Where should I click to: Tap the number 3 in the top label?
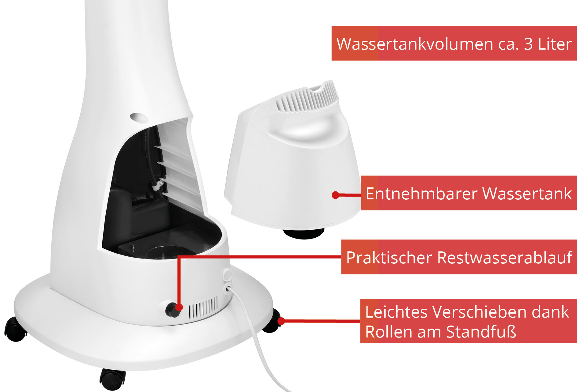(528, 44)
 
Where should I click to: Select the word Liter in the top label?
(555, 44)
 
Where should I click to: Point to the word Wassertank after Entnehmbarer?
(527, 194)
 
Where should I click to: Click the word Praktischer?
(389, 257)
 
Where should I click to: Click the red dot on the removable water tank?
(335, 195)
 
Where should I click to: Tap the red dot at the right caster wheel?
(281, 321)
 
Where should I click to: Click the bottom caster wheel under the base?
(112, 379)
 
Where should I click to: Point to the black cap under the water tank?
(303, 234)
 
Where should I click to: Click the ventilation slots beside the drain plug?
(203, 307)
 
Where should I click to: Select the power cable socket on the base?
(228, 288)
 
